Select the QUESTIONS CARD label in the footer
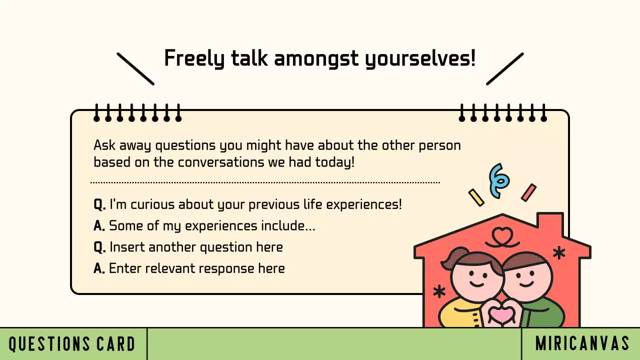72,344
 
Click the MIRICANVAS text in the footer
582,344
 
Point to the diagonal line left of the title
135,69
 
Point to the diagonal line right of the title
505,69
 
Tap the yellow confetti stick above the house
476,197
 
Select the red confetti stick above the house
528,192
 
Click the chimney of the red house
550,222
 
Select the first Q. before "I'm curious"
99,204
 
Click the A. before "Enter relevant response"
99,268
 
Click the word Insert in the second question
127,247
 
